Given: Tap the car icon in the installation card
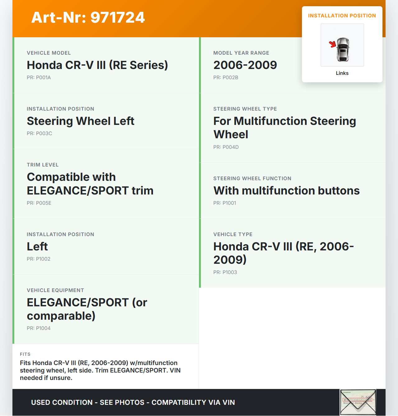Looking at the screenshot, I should pos(343,49).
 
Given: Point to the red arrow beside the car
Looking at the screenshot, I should pos(333,44).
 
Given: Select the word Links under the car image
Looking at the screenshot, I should pos(342,73).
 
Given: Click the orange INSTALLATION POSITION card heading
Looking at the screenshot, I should pos(342,16).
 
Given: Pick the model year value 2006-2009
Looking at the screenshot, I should pos(245,65).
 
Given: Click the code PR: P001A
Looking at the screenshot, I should pos(39,78).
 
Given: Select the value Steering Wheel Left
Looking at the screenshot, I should pos(81,121).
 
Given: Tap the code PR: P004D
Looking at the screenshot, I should pos(226,147).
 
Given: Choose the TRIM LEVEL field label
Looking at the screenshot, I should pos(43,165).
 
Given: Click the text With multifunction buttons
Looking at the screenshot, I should pos(286,191).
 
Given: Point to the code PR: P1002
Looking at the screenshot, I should pos(39,259).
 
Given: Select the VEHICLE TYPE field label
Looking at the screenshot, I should pos(233,235).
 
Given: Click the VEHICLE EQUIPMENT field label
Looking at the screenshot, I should pos(55,290).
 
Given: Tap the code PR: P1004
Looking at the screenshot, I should pos(39,328).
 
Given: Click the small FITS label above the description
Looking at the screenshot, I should pos(25,354).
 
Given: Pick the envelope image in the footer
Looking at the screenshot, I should pos(358,402).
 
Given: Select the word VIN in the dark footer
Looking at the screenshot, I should pos(229,403).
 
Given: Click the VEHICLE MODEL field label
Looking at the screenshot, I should pos(49,53).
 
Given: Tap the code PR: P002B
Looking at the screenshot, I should pos(226,78).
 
